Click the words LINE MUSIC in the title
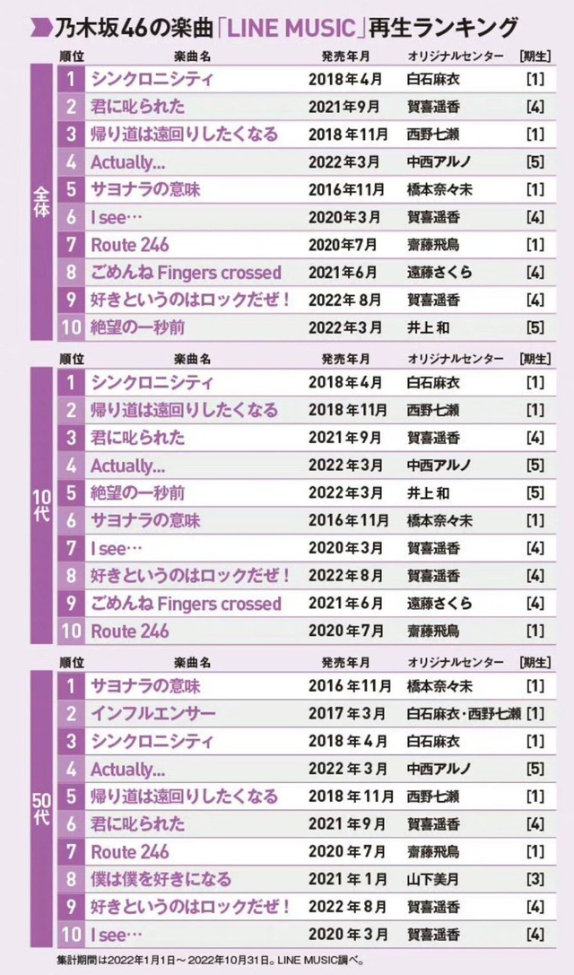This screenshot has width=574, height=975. point(294,28)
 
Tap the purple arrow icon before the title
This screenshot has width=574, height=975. point(41,28)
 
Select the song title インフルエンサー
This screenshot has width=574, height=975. point(153,714)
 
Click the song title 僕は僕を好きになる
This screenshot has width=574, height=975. point(161,879)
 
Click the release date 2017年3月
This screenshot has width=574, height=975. point(347,714)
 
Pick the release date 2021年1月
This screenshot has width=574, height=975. point(348,879)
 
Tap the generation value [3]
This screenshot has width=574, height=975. point(535,879)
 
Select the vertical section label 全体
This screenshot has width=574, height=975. point(41,202)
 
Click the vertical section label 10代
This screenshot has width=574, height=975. point(41,505)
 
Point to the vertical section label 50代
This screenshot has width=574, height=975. point(41,808)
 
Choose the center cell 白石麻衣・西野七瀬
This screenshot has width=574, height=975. point(464,714)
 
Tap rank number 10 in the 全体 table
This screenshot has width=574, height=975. point(71,327)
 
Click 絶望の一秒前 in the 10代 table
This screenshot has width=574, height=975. point(138,493)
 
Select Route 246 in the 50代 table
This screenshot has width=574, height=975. point(130,852)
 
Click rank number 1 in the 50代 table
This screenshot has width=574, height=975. point(71,686)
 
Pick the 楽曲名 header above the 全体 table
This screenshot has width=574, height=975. point(192,56)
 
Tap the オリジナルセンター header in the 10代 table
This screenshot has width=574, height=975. point(456,360)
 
